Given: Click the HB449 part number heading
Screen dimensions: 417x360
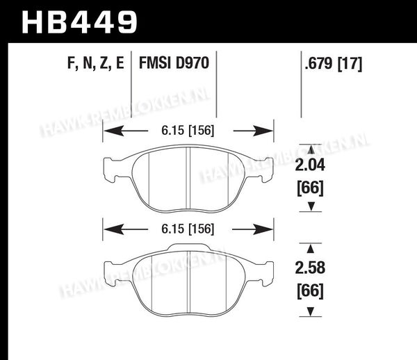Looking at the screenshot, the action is (79, 22).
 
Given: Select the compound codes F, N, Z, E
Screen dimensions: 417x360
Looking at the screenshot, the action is (96, 63).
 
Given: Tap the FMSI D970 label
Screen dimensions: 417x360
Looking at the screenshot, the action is (174, 63).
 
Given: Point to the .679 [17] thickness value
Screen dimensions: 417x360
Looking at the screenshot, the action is (334, 64).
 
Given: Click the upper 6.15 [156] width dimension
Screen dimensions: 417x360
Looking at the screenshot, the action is (188, 131).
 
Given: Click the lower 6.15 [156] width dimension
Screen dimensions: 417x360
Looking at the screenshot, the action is (188, 229).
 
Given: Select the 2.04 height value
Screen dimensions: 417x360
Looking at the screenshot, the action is (310, 165).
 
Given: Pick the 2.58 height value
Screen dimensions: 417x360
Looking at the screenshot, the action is (310, 268).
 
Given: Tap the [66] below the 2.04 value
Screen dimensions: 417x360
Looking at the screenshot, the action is (310, 188).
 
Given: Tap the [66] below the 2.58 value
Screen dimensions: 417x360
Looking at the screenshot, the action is (310, 291).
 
